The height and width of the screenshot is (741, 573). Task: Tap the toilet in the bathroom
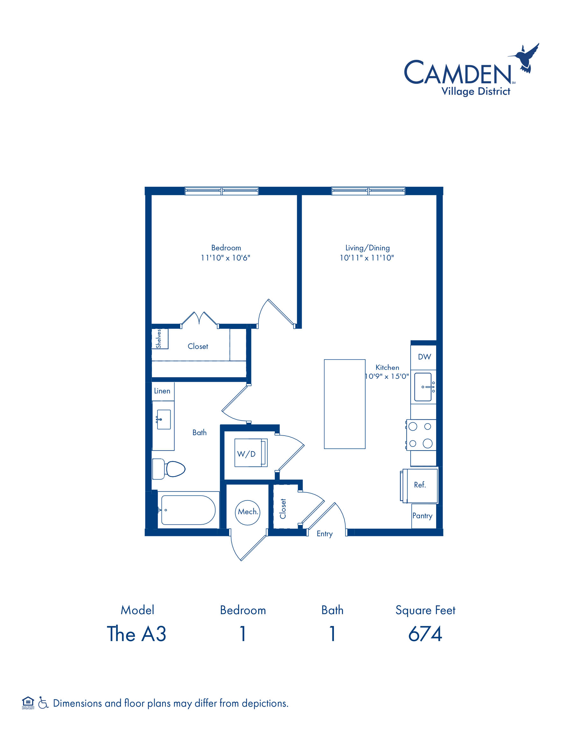(169, 469)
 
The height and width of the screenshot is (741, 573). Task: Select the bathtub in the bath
(188, 510)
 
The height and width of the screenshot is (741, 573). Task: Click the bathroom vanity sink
(164, 419)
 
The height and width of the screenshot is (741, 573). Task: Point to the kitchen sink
(423, 387)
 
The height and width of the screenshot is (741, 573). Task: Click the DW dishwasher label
(424, 357)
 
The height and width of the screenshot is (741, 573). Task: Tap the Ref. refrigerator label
(420, 485)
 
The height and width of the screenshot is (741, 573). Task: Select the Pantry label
(422, 516)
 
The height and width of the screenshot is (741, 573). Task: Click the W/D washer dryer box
(251, 453)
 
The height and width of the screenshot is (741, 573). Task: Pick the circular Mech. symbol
(247, 513)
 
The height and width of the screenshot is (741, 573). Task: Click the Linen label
(162, 391)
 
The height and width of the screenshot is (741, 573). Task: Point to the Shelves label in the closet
(159, 339)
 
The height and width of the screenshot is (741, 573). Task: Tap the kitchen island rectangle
(344, 404)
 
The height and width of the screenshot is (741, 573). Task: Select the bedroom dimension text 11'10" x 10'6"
(225, 258)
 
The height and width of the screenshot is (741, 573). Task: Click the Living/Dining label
(368, 248)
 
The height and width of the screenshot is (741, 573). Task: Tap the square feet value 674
(425, 634)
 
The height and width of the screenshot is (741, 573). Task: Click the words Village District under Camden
(476, 92)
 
